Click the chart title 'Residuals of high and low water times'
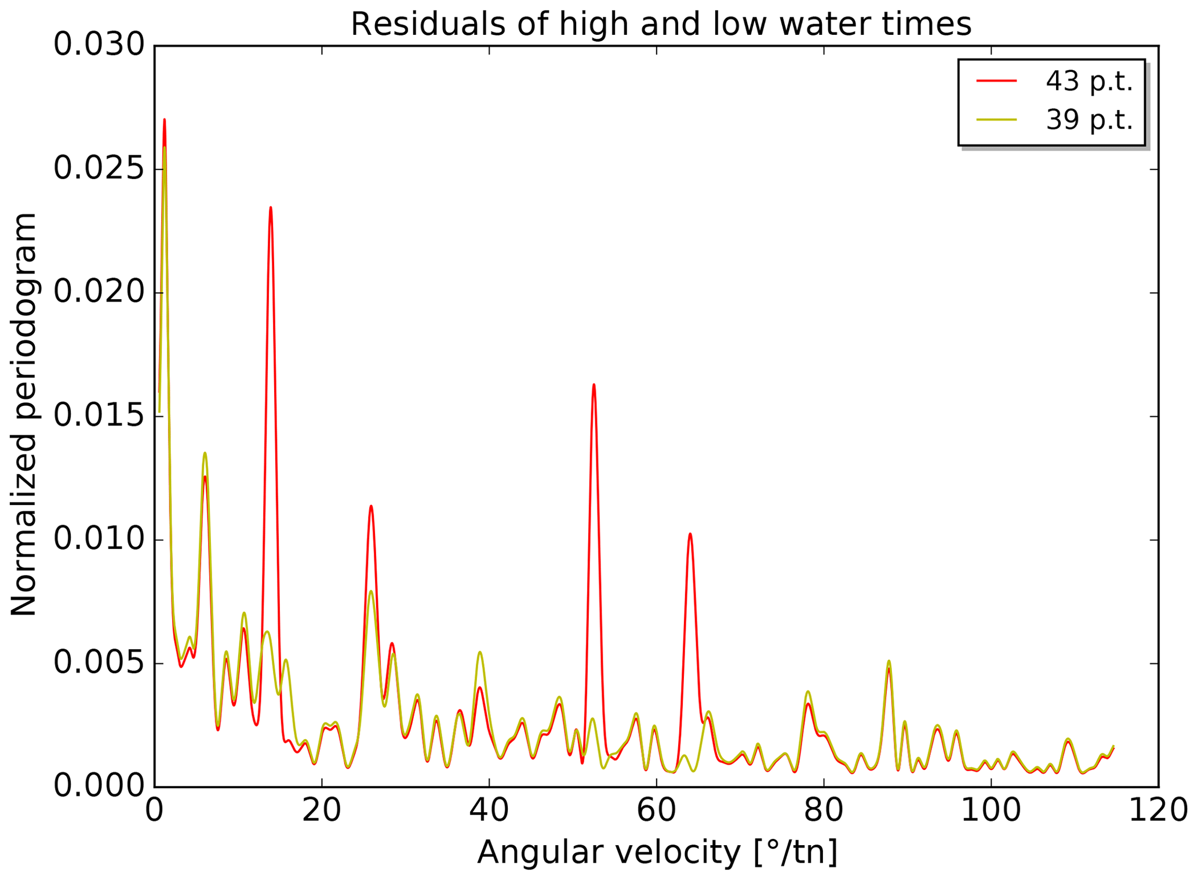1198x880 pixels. pyautogui.click(x=661, y=25)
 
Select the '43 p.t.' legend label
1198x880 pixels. pyautogui.click(x=1089, y=81)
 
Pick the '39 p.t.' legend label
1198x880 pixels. pyautogui.click(x=1089, y=120)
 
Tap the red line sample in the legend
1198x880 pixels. pyautogui.click(x=997, y=81)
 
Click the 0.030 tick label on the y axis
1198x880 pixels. pyautogui.click(x=99, y=45)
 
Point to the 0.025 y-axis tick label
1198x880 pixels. pyautogui.click(x=99, y=169)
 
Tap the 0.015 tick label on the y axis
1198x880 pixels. pyautogui.click(x=99, y=416)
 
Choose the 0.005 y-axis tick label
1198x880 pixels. pyautogui.click(x=99, y=663)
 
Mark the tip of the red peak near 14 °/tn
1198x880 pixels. pyautogui.click(x=271, y=208)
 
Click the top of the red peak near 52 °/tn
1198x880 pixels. pyautogui.click(x=593, y=385)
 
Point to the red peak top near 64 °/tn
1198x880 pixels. pyautogui.click(x=690, y=534)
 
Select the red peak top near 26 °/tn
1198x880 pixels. pyautogui.click(x=371, y=506)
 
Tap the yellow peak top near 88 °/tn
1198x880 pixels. pyautogui.click(x=889, y=661)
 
